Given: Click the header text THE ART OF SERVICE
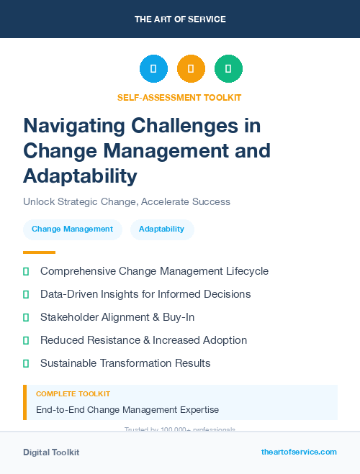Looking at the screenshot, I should pos(180,19).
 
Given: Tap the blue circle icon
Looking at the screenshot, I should pos(153,69).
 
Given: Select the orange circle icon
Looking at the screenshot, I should pos(191,69).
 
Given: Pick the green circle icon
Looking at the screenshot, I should pos(228,69).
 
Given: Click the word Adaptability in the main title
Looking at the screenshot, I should pos(79,176).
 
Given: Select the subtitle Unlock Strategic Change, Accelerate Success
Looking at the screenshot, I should pos(127,202).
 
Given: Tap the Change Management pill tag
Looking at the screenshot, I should pos(72,229).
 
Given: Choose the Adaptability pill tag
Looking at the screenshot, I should pos(161,229).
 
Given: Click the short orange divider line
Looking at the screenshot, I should pos(39,252).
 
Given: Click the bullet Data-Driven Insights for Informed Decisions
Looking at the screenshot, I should pos(145,294).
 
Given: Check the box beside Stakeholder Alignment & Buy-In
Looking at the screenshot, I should pos(26,317).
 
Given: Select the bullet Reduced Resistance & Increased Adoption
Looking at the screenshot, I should pos(143,340).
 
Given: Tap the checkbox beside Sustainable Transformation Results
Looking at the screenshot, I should pos(26,363).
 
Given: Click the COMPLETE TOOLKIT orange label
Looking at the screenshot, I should pos(73,394).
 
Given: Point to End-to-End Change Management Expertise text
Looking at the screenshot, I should pos(127,410).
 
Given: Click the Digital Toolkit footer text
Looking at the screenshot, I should pos(51,452).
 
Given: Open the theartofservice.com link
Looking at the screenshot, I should pos(299,452).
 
